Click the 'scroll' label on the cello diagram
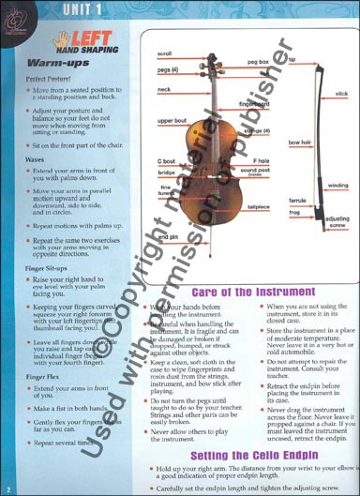click(x=164, y=54)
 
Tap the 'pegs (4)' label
click(x=168, y=70)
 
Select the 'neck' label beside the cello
click(x=164, y=89)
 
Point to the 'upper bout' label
click(x=172, y=121)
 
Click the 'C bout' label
click(x=166, y=161)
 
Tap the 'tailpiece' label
click(x=258, y=205)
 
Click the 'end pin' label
click(x=169, y=237)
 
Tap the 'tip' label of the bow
click(x=292, y=60)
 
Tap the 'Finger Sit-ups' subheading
click(x=47, y=266)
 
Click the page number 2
click(x=7, y=488)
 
